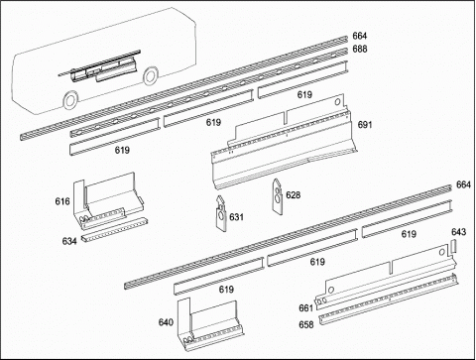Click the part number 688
click(360, 49)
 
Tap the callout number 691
click(365, 125)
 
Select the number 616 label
click(62, 201)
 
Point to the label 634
click(69, 241)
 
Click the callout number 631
click(236, 217)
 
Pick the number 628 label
click(294, 195)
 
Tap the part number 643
click(459, 232)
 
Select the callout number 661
click(305, 307)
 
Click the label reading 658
click(306, 324)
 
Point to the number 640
click(166, 321)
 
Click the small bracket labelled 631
click(221, 213)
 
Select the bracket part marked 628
click(278, 195)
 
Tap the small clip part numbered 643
click(453, 247)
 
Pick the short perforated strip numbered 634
click(114, 230)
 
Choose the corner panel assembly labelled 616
click(107, 201)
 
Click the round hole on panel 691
click(337, 102)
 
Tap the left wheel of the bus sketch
click(70, 100)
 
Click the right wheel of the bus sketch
click(151, 75)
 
